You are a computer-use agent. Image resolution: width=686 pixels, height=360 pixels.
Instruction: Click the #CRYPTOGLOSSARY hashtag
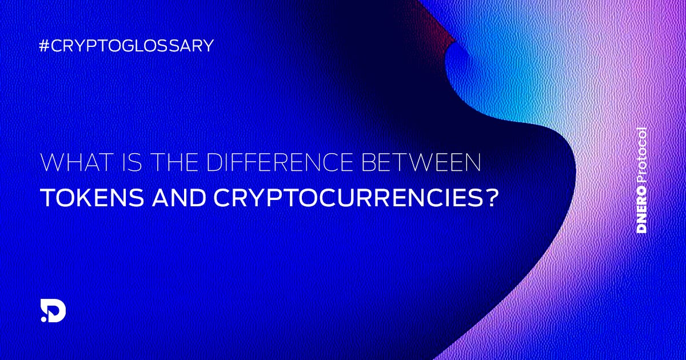click(x=126, y=46)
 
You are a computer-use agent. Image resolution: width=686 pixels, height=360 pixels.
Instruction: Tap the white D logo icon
click(x=55, y=310)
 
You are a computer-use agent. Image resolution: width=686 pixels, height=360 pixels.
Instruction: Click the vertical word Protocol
click(x=642, y=157)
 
